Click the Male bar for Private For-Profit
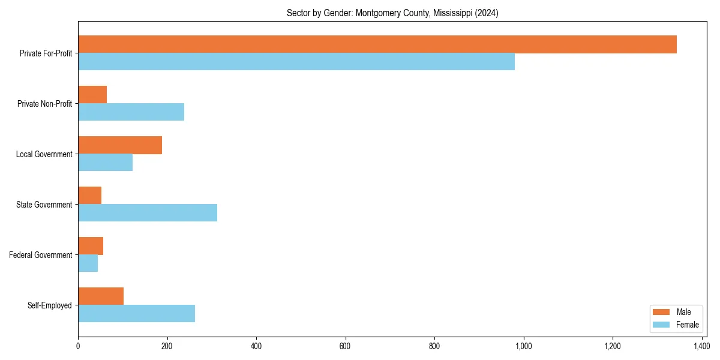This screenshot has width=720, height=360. tap(377, 44)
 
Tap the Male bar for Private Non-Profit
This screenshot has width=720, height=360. tap(92, 95)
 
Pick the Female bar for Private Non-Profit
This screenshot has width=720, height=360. tap(131, 112)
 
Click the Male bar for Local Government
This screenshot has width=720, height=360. tap(120, 145)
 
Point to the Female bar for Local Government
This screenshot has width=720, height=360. tap(105, 163)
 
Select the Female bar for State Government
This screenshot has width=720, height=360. tap(148, 213)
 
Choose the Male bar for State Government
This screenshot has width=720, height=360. tap(90, 196)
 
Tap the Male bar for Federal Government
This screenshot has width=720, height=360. tap(91, 246)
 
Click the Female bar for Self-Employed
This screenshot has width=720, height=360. tap(136, 314)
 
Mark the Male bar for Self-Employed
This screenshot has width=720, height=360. tap(101, 296)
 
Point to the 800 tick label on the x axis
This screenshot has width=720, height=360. tap(434, 346)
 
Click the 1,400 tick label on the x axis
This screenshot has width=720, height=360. tap(701, 346)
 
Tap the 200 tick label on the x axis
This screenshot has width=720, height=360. tap(167, 346)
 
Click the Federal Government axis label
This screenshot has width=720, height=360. tap(41, 255)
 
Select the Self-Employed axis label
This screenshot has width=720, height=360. tap(50, 305)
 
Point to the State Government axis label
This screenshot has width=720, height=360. tap(44, 205)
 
